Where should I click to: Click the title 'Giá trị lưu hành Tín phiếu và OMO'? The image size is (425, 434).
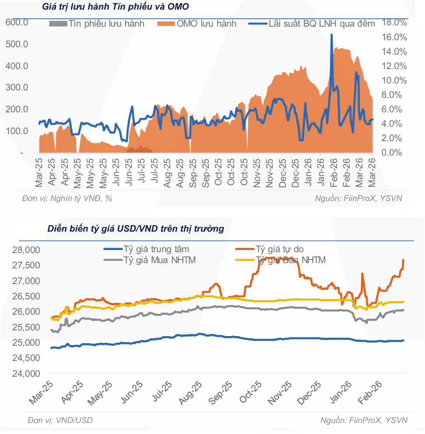tap(116, 7)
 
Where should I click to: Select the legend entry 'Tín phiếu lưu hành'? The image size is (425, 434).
tap(96, 24)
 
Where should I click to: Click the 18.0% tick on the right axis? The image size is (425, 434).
tap(395, 22)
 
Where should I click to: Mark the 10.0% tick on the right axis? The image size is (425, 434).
tap(395, 80)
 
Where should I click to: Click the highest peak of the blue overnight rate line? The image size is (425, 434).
tap(332, 35)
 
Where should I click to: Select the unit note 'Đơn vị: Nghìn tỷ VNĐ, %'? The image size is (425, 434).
tap(67, 198)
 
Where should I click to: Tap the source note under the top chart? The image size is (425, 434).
tap(358, 198)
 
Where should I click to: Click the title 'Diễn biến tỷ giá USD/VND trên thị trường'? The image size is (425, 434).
tap(136, 229)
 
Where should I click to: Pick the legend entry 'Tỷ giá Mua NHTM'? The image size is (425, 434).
tap(160, 260)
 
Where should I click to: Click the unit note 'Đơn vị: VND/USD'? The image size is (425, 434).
tap(60, 420)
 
